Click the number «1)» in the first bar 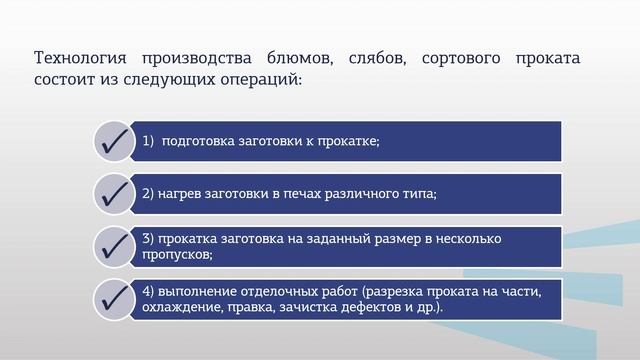coord(149,141)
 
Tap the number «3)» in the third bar coord(148,239)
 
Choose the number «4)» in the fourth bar coord(148,292)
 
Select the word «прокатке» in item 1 coord(347,141)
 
